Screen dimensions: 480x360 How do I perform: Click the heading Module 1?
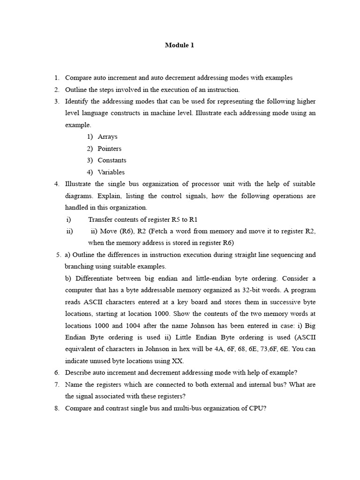(179, 45)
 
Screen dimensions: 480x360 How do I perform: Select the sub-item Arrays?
(107, 137)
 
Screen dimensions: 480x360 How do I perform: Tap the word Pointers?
(109, 149)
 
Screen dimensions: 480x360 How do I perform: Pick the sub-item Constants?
(112, 160)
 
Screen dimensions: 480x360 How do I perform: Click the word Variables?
(111, 172)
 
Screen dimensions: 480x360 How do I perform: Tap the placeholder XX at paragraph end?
(178, 361)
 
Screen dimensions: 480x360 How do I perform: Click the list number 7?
(56, 384)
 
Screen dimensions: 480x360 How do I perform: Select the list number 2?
(56, 90)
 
